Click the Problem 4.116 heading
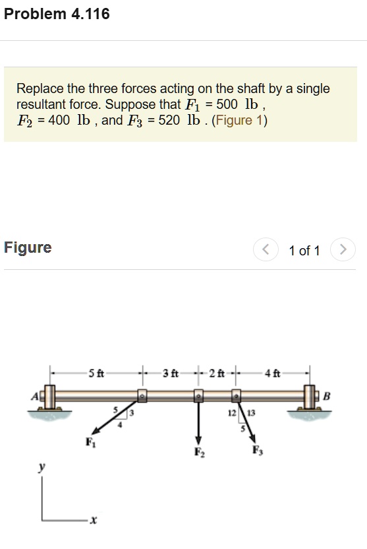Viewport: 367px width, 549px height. [x=57, y=14]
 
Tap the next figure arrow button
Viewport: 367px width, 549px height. [x=342, y=250]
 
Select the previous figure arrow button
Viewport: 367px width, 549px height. [x=265, y=250]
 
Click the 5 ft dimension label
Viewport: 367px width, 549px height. [x=96, y=374]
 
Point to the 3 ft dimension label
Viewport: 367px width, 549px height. [x=170, y=374]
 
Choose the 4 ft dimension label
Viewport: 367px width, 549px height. [x=273, y=374]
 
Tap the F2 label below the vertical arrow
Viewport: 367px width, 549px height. [x=198, y=452]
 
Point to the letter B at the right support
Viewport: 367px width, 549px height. [x=326, y=396]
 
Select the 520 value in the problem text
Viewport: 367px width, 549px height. [x=169, y=120]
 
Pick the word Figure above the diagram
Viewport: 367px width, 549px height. [x=28, y=247]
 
